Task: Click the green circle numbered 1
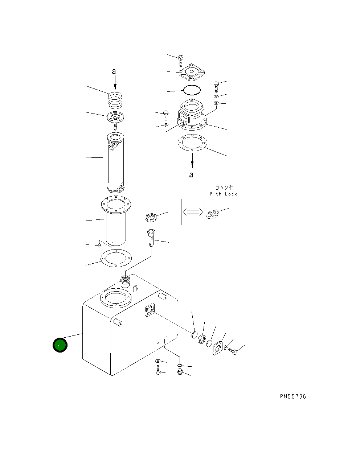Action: [60, 345]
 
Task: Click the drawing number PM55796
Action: [293, 396]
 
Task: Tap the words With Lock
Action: [223, 194]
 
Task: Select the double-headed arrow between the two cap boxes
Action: [193, 212]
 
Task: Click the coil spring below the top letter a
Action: [115, 100]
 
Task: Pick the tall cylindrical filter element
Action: [116, 162]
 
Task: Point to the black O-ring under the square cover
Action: [192, 90]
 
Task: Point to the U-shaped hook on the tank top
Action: [135, 288]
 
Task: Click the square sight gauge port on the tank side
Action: [150, 310]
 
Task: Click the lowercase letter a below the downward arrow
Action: [191, 175]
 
